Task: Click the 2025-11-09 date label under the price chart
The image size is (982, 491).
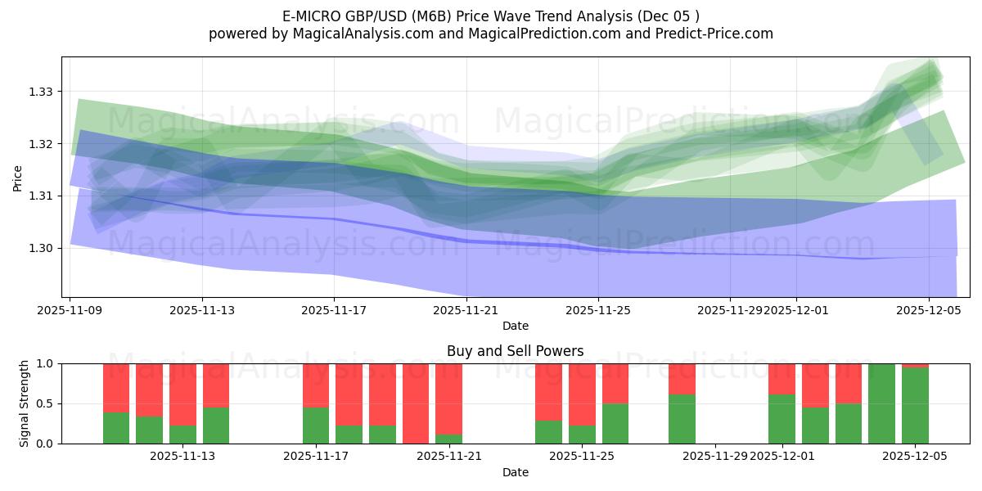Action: (70, 311)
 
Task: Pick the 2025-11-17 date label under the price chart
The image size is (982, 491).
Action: (334, 311)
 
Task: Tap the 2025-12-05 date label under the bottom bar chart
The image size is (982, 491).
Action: (915, 457)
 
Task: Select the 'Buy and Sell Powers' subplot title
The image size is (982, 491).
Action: (515, 351)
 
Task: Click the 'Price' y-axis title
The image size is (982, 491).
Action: (18, 178)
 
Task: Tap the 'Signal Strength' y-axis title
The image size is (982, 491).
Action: (25, 403)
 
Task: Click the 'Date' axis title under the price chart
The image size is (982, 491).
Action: (515, 326)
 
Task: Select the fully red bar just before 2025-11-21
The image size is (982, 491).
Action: (416, 403)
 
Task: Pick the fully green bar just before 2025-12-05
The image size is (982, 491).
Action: (881, 403)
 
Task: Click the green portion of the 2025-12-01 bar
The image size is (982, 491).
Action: (782, 419)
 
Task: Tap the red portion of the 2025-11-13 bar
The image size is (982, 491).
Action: (216, 385)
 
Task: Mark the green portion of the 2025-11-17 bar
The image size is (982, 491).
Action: (316, 426)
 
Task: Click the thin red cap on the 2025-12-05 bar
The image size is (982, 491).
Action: (915, 366)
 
